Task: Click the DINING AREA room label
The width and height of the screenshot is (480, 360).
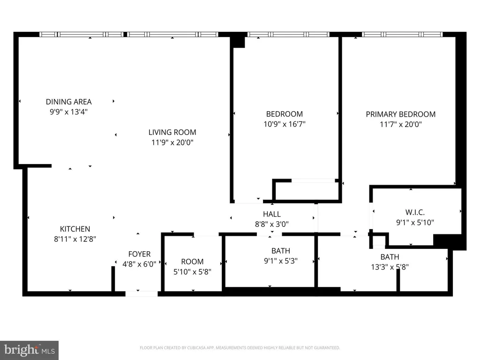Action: coord(68,102)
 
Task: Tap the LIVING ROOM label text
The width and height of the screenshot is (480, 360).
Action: coord(172,132)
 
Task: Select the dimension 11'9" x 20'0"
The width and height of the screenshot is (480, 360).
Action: coord(172,142)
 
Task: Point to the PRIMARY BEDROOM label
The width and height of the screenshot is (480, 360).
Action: coord(401,114)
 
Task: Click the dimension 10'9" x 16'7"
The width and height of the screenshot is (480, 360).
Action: coord(285,124)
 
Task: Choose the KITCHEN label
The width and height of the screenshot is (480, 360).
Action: coord(75,229)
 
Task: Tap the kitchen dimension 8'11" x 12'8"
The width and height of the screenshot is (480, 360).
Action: coord(75,239)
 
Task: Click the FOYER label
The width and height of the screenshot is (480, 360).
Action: coord(139,254)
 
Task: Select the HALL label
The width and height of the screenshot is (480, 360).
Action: coord(272,214)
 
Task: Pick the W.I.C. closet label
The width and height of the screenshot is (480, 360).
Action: coord(415,212)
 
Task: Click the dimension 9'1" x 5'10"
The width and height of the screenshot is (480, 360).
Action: coord(415,222)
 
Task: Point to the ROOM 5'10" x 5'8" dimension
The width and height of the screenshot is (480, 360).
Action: coord(192,272)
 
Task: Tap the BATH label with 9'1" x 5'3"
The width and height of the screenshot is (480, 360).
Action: coord(281,251)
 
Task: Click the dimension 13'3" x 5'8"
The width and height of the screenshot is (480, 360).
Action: coord(390,267)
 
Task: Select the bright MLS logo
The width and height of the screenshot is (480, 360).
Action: coord(30,350)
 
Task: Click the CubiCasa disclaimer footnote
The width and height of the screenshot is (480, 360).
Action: coord(240,348)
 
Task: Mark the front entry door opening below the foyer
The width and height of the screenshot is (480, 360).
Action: coord(142,294)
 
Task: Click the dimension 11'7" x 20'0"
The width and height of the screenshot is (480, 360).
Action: coord(401,124)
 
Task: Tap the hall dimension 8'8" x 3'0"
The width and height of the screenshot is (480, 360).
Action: coord(272,224)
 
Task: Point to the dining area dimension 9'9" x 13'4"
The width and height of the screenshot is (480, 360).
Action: coord(68,112)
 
